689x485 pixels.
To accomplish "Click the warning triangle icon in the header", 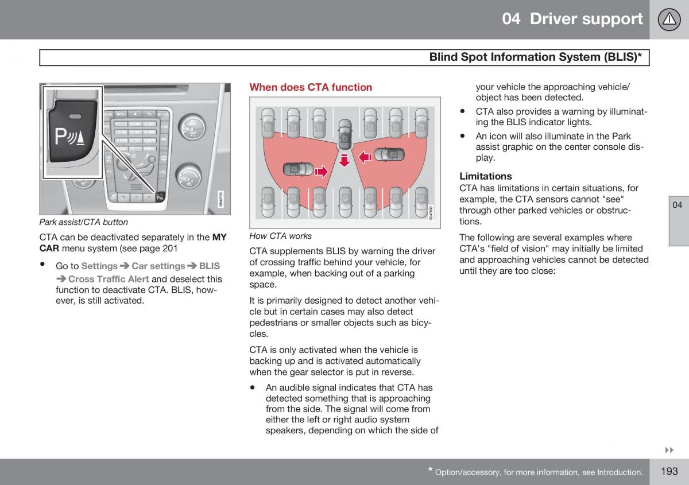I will point(669,20).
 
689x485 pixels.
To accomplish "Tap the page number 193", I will point(669,471).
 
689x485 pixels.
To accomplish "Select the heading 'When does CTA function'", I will point(311,87).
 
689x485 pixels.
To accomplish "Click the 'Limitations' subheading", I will point(485,176).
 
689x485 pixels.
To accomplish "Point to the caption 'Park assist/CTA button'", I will point(84,222).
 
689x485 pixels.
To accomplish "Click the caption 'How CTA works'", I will point(281,236).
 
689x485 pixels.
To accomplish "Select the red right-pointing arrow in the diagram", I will point(321,170).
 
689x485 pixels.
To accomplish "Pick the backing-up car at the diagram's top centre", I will point(344,133).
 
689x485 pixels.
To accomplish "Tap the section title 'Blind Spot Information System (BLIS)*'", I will point(536,57).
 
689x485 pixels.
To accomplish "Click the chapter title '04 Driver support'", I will point(572,19).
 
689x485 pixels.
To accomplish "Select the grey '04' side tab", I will point(678,205).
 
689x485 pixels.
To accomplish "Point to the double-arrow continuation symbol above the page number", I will point(668,449).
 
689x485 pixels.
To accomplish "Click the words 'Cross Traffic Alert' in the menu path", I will point(109,279).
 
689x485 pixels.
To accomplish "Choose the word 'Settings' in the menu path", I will point(99,266).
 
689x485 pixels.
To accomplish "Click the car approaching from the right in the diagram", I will point(389,154).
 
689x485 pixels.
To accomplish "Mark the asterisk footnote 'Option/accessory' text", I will point(539,472).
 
